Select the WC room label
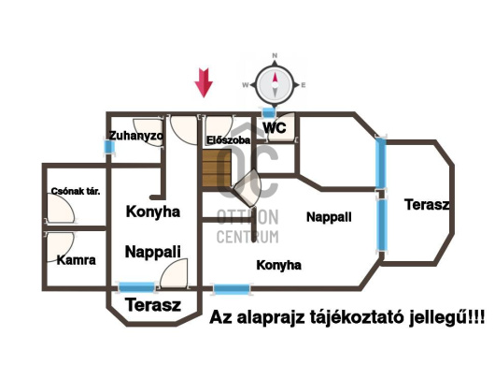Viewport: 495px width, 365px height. (x=274, y=126)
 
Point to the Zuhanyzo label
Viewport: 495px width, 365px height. (x=135, y=136)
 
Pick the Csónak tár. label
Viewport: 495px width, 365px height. (x=76, y=191)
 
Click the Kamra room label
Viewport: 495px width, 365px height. (x=76, y=260)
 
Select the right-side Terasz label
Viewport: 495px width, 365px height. (x=428, y=204)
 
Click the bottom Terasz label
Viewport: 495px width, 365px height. (x=152, y=306)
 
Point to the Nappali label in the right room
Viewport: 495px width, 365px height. (x=329, y=216)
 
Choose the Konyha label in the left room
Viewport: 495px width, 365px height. (x=152, y=212)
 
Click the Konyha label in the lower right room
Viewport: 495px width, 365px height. (x=278, y=265)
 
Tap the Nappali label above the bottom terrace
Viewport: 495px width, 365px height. (x=152, y=251)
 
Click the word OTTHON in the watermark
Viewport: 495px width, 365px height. (x=247, y=216)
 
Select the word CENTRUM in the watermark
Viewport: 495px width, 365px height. (x=247, y=235)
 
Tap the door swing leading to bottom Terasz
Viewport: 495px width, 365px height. (x=174, y=275)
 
